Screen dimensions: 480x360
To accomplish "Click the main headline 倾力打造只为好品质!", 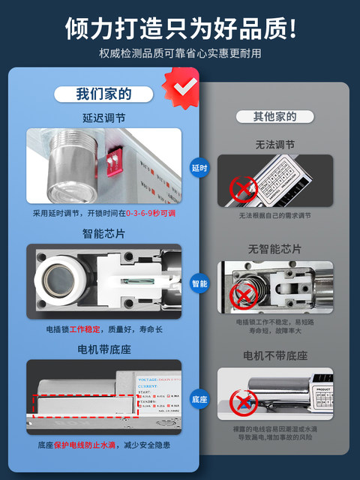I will (x=180, y=28).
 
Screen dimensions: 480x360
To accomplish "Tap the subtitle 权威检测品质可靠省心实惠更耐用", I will (x=180, y=53).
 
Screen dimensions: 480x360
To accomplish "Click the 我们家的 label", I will (x=103, y=94).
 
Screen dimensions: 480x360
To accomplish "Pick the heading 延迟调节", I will (x=103, y=118).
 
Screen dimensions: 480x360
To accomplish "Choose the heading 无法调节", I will (x=275, y=145).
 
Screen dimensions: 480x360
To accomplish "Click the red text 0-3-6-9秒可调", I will (x=150, y=213).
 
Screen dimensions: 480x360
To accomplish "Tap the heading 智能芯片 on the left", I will (x=103, y=233).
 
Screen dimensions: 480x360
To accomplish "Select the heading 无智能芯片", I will (x=275, y=248).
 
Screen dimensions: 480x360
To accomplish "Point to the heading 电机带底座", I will (x=103, y=349).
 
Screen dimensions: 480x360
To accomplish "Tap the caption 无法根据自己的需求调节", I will (x=275, y=216).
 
